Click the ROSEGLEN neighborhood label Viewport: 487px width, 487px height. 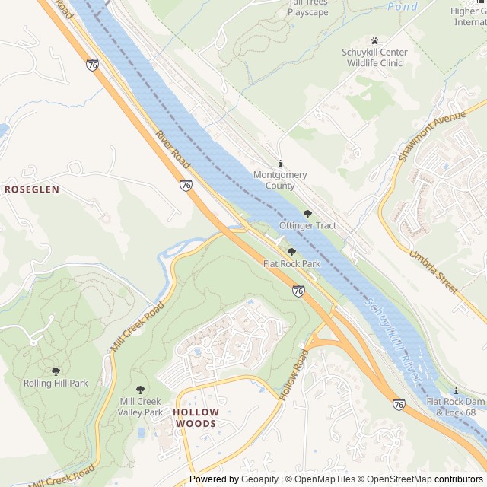32,188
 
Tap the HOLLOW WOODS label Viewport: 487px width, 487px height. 196,418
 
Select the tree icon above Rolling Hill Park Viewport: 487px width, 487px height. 56,371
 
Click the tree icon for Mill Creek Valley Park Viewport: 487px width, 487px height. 140,390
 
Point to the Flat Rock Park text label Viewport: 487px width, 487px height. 291,263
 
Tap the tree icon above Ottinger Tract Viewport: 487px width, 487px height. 307,215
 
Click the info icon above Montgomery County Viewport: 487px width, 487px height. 280,164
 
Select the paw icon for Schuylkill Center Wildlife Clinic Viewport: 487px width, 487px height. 374,40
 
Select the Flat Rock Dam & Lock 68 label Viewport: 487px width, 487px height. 455,406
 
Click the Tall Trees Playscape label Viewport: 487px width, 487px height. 307,8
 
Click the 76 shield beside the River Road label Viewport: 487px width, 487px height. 186,184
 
